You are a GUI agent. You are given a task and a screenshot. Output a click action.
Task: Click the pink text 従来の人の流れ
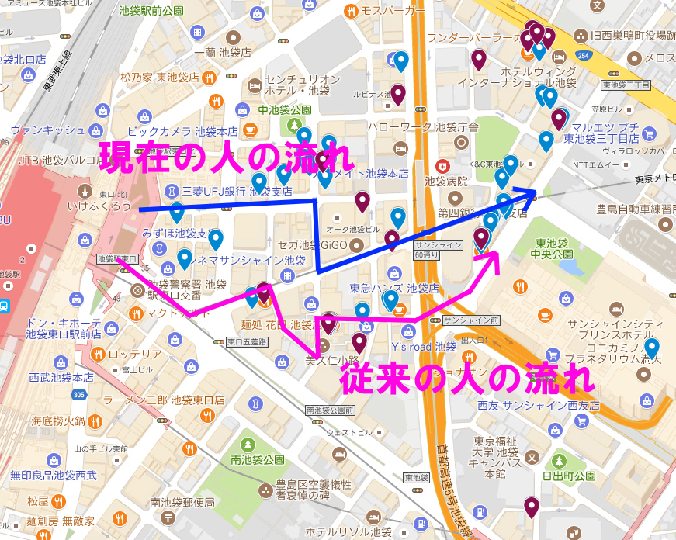click(x=466, y=379)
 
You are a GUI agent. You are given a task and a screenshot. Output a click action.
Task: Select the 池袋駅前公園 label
click(x=151, y=10)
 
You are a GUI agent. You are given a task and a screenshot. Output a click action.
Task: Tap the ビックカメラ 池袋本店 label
click(x=182, y=132)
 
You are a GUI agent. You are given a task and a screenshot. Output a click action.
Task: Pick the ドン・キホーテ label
click(x=64, y=323)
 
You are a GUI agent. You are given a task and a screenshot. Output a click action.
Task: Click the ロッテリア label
click(x=134, y=355)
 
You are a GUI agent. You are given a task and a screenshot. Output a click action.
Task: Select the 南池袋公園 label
click(x=258, y=460)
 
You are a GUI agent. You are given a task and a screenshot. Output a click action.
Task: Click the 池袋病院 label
click(x=446, y=181)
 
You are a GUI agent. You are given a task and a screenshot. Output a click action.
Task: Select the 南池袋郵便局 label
click(x=182, y=502)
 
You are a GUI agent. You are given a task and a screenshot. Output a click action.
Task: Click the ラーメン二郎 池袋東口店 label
click(x=164, y=400)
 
